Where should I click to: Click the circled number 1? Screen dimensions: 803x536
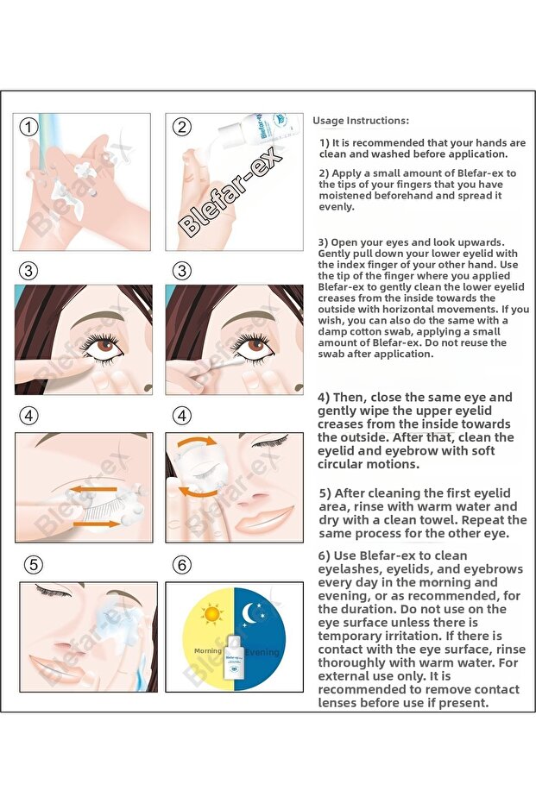tap(29, 128)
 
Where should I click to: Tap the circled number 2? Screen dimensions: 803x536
tap(181, 128)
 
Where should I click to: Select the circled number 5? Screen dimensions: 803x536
tap(33, 566)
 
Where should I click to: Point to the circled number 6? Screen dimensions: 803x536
tap(181, 566)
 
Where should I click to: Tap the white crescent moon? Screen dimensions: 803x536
tap(254, 614)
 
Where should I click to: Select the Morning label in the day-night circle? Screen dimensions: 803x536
tap(208, 651)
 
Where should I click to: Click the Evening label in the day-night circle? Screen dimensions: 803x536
tap(261, 652)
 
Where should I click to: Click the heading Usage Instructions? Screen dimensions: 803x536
tap(361, 121)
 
